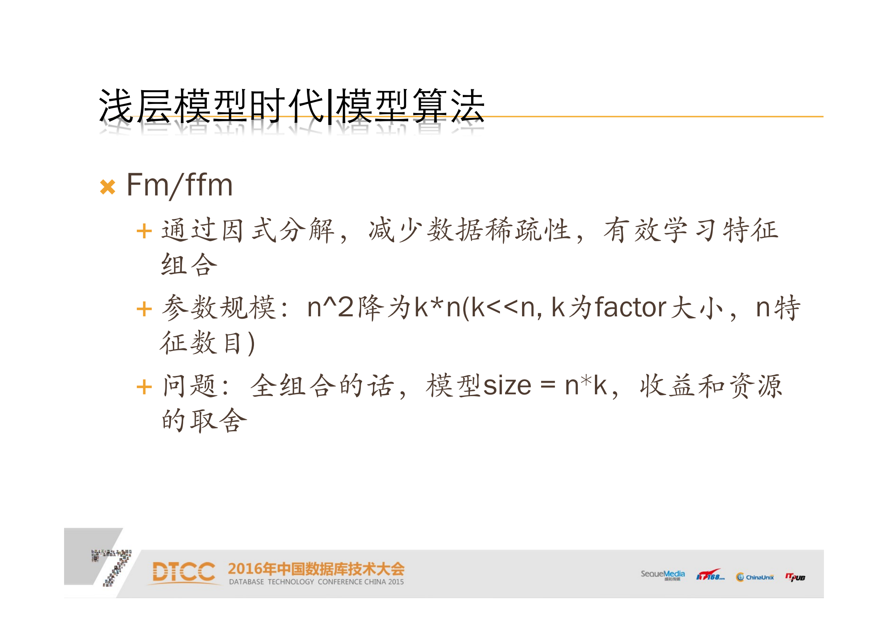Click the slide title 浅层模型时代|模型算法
[x=292, y=106]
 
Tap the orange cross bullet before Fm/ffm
[x=108, y=187]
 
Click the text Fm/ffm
[x=180, y=185]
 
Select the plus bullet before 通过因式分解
[x=144, y=231]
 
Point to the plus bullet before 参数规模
[x=144, y=309]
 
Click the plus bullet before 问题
[x=144, y=387]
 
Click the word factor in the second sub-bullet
[x=630, y=308]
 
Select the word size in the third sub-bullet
[x=507, y=386]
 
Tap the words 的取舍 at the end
[x=204, y=420]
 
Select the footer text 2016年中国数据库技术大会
[x=316, y=569]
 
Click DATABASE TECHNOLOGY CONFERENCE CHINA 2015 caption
[x=316, y=582]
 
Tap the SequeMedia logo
[x=663, y=575]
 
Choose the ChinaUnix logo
[x=755, y=577]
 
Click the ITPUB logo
[x=795, y=577]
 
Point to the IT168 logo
[x=710, y=576]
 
